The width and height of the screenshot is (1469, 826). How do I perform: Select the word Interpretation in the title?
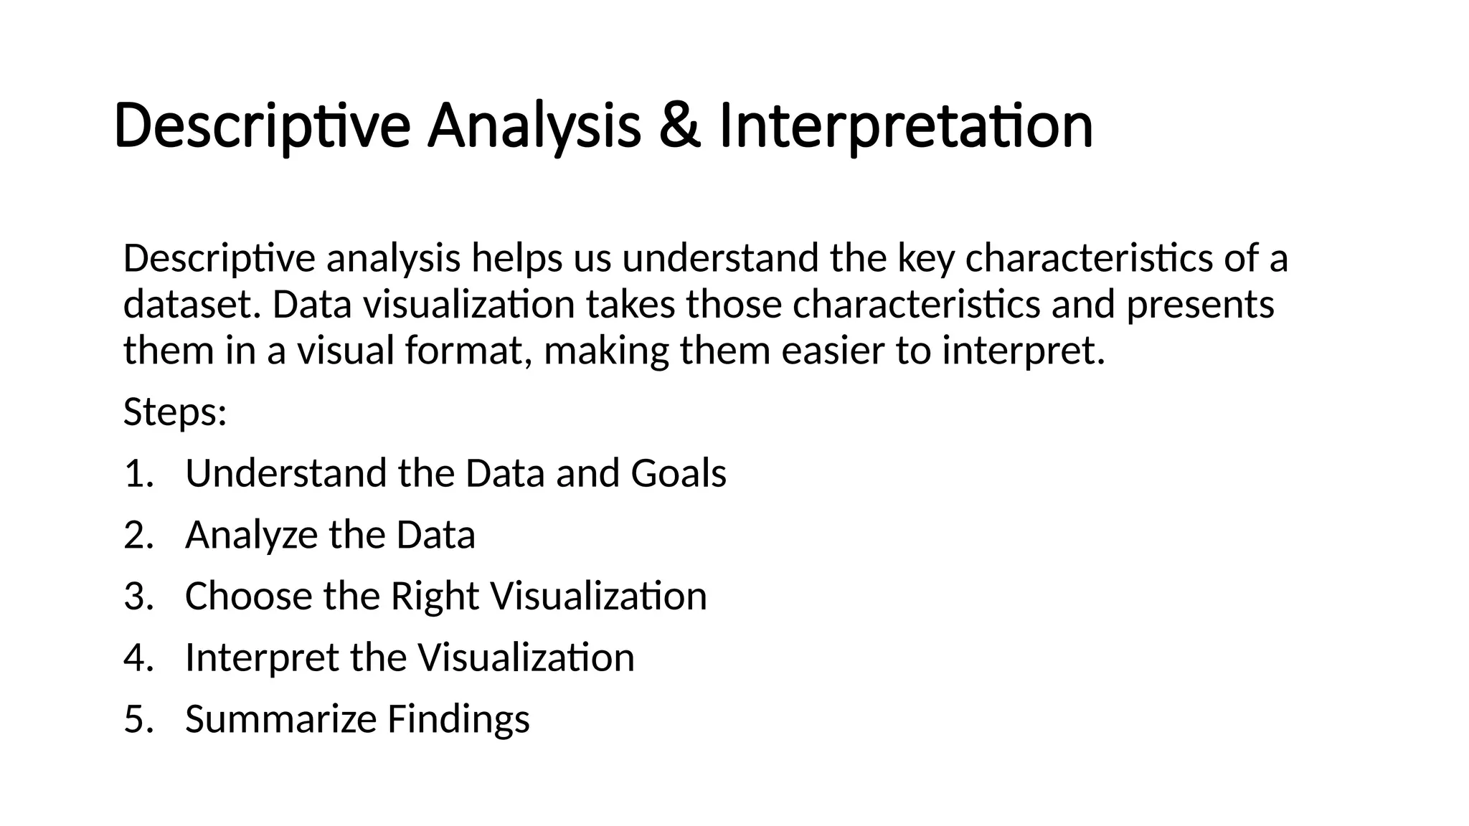point(905,126)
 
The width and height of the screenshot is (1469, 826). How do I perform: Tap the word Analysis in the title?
point(534,126)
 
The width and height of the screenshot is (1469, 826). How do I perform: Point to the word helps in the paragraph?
point(516,258)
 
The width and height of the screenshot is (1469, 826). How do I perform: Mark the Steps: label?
point(175,412)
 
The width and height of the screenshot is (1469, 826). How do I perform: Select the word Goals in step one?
point(678,474)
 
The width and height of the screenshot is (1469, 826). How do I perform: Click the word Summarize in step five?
point(280,719)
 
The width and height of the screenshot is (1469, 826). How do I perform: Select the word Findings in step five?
point(458,719)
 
